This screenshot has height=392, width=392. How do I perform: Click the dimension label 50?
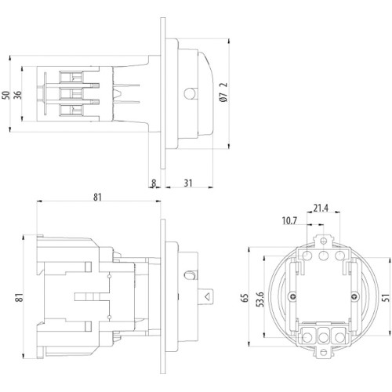[x=6, y=95]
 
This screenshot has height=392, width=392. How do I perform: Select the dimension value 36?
[x=18, y=95]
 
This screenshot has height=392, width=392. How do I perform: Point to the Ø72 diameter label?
[x=223, y=93]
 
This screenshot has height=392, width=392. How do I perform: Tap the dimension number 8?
[x=154, y=183]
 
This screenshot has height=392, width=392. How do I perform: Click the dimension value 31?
[x=188, y=183]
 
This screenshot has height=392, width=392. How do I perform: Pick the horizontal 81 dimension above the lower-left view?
[x=97, y=197]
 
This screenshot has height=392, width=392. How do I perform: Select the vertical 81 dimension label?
[x=20, y=297]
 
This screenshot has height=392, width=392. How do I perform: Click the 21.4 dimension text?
[x=321, y=209]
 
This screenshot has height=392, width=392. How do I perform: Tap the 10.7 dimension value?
[x=289, y=221]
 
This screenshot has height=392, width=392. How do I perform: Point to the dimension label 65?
[x=245, y=298]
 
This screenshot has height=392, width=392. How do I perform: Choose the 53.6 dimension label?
[x=260, y=299]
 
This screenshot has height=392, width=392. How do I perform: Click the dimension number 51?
[x=386, y=298]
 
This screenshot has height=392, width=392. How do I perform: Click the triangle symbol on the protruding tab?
[x=208, y=297]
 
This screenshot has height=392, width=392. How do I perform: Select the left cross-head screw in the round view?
[x=292, y=296]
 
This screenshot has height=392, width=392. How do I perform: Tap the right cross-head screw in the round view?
[x=354, y=296]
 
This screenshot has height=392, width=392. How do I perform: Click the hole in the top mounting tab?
[x=324, y=241]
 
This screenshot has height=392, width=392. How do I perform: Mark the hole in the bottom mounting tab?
[x=324, y=352]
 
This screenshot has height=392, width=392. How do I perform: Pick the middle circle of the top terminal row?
[x=324, y=256]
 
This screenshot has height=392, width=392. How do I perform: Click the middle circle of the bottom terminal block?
[x=324, y=337]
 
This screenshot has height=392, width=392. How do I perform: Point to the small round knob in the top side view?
[x=190, y=93]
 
